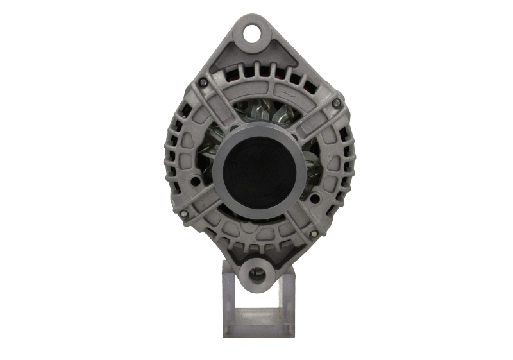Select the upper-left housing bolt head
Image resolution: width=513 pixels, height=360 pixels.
203,82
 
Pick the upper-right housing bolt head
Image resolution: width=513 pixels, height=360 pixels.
336,103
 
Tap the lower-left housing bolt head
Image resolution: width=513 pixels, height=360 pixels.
184,214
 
